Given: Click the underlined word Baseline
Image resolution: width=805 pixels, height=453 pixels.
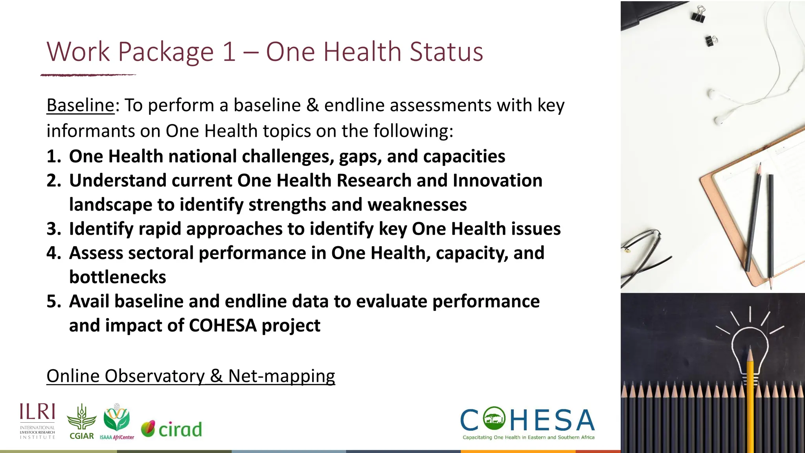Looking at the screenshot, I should coord(80,105).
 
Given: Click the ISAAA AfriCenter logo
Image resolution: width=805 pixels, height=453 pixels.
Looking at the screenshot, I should coord(117,422).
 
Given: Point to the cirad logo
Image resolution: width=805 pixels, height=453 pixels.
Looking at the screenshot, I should coord(172,429).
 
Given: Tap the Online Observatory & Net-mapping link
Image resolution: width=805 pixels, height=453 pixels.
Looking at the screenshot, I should coord(191,376).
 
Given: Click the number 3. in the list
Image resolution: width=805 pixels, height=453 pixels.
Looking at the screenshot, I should coord(53,229).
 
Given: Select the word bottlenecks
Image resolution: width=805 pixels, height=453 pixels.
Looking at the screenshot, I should coord(118,277).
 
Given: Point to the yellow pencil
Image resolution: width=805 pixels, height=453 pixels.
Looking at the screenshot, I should coord(750,397).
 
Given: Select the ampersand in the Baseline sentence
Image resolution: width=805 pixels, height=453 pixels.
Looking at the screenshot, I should coord(312,105).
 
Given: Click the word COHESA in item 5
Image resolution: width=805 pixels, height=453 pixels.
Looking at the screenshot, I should coord(222,326).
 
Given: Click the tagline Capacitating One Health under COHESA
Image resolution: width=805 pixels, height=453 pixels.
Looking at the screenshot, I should coord(528,437).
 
